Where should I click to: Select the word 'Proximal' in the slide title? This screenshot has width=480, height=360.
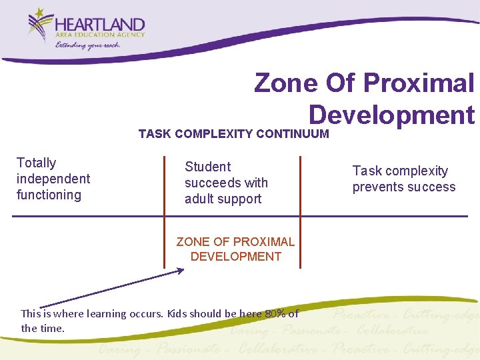tap(419, 83)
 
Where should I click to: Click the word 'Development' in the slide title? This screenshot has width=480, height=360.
tap(391, 115)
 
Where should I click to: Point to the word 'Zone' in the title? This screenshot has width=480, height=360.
tap(285, 83)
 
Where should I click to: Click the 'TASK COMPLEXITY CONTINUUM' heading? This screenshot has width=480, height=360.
tap(233, 134)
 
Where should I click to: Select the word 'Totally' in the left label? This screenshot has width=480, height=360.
tap(36, 163)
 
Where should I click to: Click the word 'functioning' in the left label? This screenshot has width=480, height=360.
tap(49, 195)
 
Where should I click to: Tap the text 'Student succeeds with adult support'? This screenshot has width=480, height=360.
tap(225, 183)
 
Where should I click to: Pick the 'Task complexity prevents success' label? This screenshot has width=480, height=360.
tap(403, 179)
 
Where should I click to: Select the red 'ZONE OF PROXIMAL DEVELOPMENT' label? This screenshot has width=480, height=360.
tap(235, 249)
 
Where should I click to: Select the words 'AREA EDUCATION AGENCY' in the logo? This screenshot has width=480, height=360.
tap(99, 35)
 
